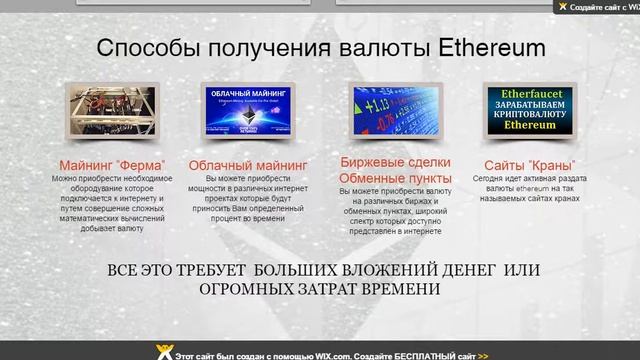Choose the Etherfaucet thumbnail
pyautogui.click(x=530, y=111)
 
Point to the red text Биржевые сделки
pyautogui.click(x=396, y=161)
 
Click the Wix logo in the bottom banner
pyautogui.click(x=164, y=353)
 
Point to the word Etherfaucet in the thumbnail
pyautogui.click(x=530, y=90)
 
